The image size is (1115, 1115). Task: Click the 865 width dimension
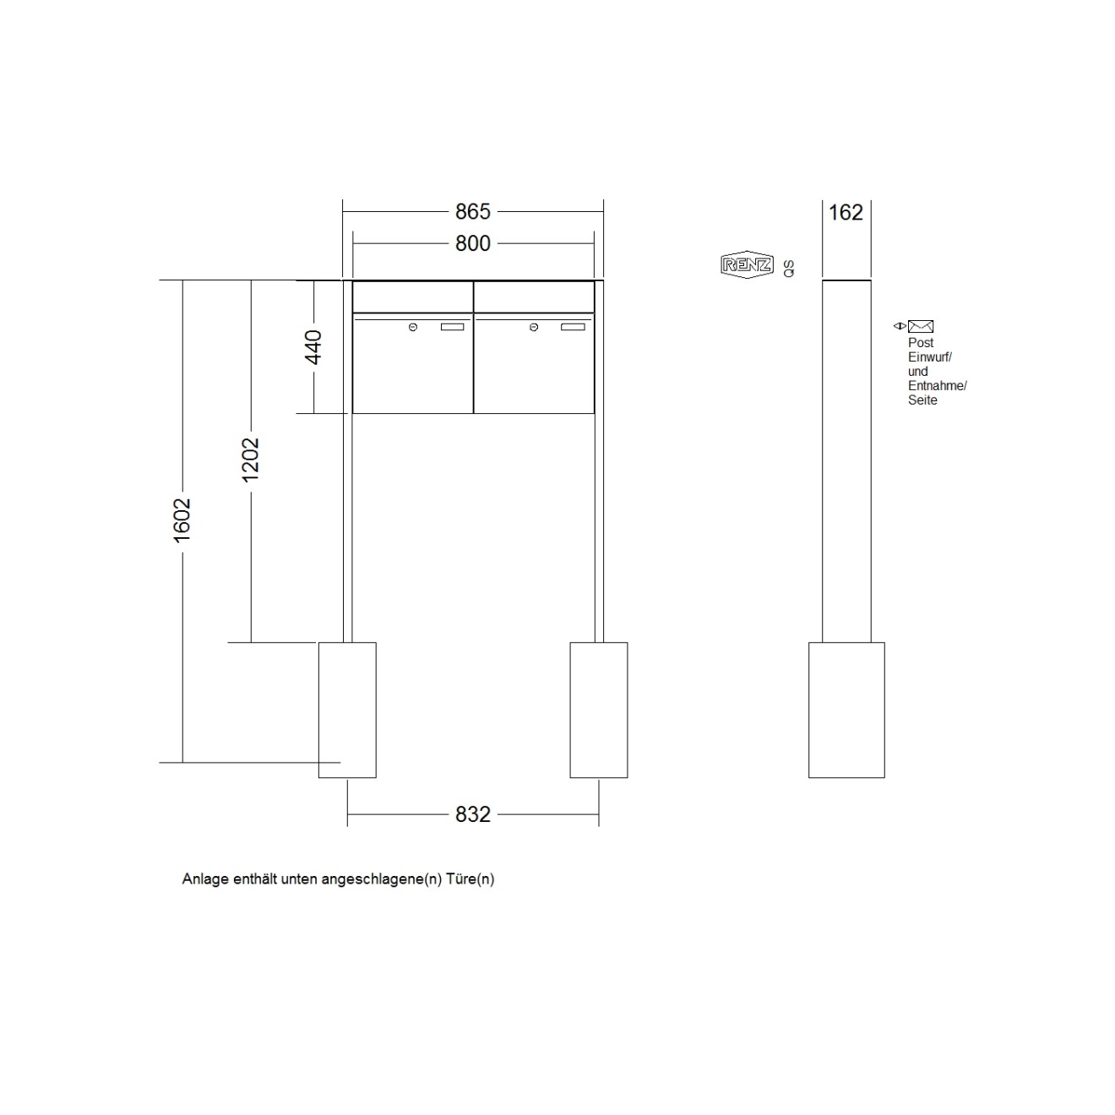472,212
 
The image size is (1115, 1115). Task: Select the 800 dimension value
472,243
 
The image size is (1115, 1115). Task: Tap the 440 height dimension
313,347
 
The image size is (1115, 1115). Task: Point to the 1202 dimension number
251,460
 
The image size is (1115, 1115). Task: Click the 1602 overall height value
182,520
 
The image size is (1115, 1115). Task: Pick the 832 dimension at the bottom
472,814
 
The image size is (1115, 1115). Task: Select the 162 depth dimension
846,212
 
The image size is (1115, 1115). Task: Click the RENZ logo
747,265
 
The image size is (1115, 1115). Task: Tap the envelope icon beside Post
920,326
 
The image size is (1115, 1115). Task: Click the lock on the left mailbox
412,328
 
